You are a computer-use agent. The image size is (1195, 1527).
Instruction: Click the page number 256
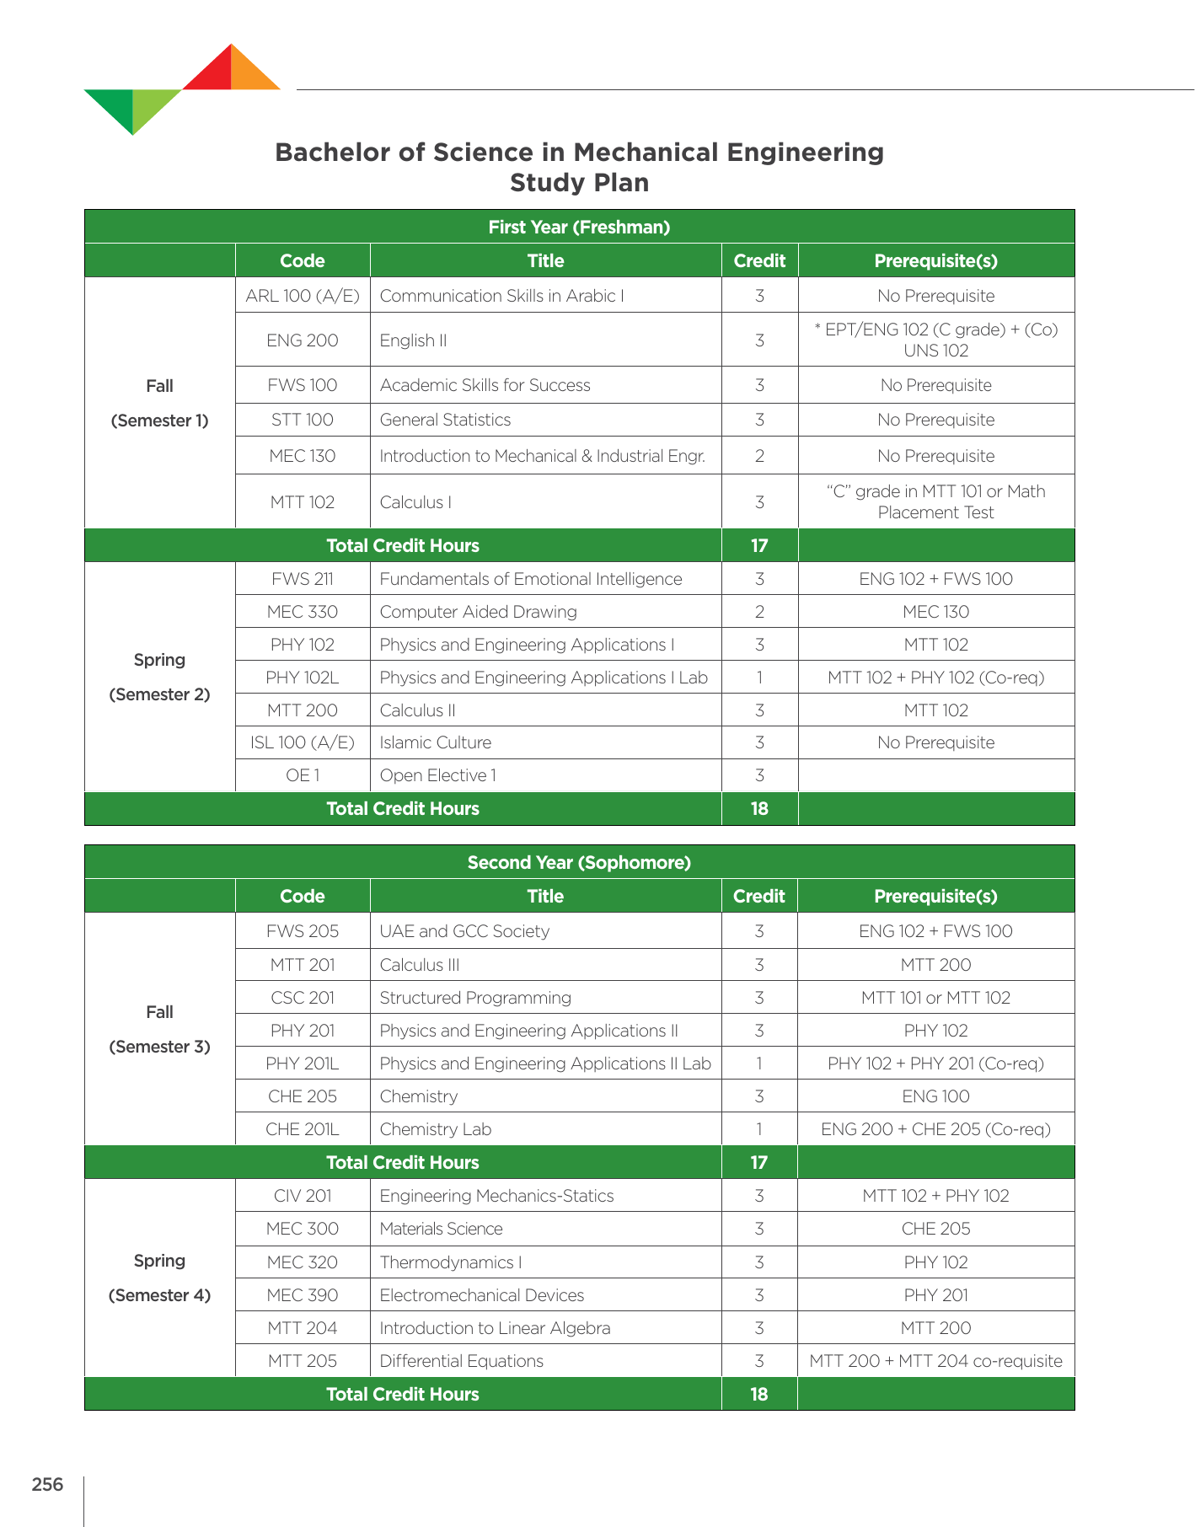pos(47,1484)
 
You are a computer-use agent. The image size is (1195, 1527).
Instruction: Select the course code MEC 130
pos(302,456)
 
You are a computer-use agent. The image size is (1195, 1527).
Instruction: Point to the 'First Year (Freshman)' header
pos(579,227)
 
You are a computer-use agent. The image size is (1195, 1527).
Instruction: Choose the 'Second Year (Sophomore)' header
pos(579,862)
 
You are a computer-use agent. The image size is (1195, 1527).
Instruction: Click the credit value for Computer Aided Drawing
pos(759,612)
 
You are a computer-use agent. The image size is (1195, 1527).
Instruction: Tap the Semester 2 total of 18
pos(759,808)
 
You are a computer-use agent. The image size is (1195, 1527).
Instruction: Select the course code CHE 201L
pos(302,1129)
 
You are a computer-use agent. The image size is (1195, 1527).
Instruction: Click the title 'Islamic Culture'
pos(435,742)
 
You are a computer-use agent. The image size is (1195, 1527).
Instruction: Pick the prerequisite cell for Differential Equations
pos(935,1361)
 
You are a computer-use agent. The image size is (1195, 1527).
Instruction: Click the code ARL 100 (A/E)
pos(302,296)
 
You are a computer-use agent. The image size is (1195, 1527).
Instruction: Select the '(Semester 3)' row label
pos(159,1047)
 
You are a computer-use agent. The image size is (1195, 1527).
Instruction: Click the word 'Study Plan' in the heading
pos(579,183)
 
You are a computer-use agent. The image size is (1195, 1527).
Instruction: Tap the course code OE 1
pos(302,775)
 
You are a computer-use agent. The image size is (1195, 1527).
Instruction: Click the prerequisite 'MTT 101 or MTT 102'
pos(935,998)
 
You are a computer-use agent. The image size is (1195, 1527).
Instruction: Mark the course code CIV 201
pos(302,1196)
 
